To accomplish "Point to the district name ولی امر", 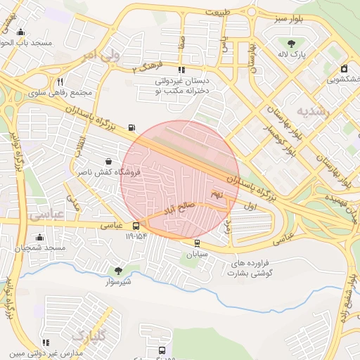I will (96, 54).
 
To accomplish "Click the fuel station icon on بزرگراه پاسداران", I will (132, 128).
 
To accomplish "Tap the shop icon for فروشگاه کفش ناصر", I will (107, 161).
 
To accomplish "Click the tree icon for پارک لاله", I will (291, 44).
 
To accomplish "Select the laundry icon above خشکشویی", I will (344, 69).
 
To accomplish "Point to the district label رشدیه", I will (312, 111).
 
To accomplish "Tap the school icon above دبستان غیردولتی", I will (181, 70).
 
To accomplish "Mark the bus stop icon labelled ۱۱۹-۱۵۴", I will (136, 226).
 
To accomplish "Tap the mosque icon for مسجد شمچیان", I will (39, 237).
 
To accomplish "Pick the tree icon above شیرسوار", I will (117, 270).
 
